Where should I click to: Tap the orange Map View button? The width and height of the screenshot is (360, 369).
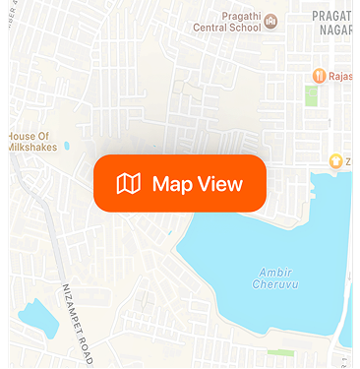180,183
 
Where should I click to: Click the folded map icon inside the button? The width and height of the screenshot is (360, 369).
129,183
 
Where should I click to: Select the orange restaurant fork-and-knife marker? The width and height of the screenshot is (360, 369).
319,76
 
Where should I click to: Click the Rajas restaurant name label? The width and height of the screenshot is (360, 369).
344,76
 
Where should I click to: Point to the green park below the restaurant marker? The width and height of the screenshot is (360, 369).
312,95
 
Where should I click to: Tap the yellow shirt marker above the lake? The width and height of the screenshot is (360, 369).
335,160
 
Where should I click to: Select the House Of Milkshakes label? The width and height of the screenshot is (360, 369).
34,141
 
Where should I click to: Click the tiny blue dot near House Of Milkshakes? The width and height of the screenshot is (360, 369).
67,147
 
